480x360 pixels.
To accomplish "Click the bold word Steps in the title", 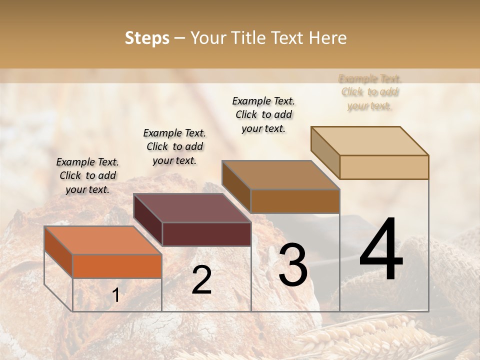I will [147, 38].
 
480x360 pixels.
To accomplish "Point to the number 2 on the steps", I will [201, 279].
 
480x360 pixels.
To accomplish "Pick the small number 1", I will [115, 295].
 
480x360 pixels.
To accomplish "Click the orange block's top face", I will [102, 240].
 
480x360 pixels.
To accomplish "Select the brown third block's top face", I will [280, 175].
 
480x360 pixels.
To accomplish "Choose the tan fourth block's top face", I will [369, 141].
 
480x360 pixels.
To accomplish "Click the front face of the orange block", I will [117, 266].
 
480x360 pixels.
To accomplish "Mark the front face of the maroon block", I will [206, 234].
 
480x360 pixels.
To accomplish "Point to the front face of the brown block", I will [295, 201].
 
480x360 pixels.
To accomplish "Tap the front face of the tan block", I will [384, 167].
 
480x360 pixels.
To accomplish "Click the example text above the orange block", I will [87, 175].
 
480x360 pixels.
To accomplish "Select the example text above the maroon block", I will [174, 146].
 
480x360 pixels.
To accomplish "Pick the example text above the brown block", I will [263, 114].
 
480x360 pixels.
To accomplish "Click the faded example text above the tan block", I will [369, 92].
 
